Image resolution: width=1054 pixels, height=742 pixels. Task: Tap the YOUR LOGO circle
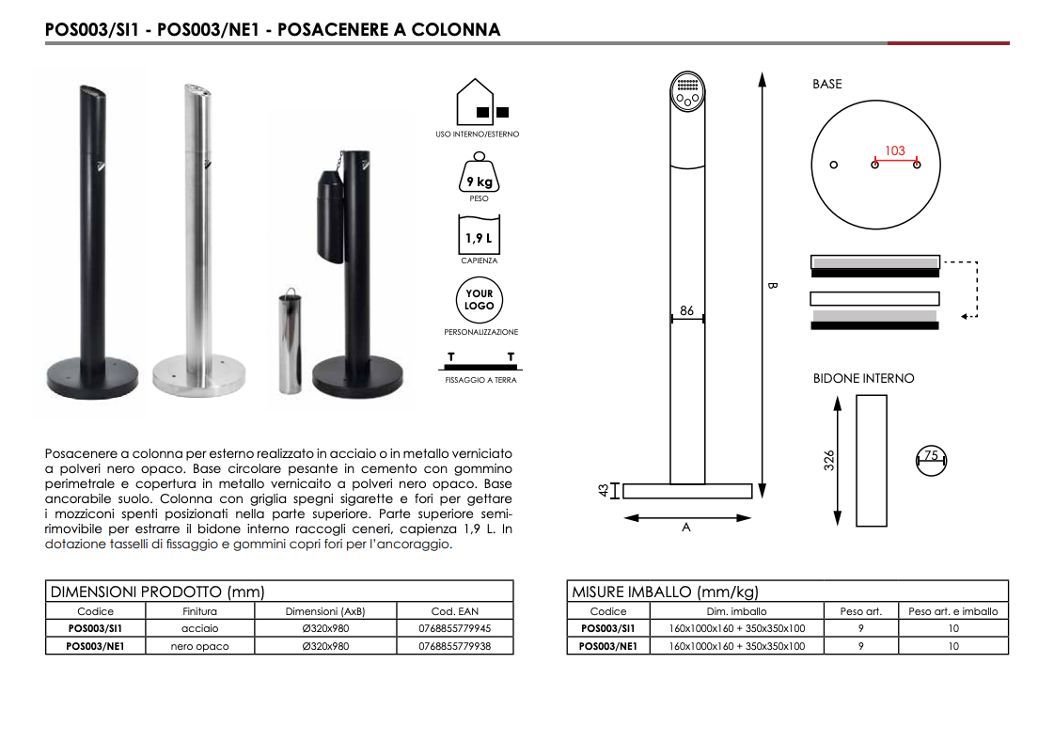479,300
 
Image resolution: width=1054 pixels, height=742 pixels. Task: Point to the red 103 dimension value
894,150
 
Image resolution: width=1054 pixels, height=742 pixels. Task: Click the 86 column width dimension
686,310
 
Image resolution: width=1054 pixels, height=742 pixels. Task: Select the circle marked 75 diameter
931,460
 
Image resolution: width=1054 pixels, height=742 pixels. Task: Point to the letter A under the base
685,529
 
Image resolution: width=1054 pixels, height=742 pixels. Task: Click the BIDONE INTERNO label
863,378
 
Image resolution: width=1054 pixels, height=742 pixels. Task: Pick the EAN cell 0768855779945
455,628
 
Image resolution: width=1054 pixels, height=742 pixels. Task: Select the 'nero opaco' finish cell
199,646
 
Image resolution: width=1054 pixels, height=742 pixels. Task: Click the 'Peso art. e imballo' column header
952,611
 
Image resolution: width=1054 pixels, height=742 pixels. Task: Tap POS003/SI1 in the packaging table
608,628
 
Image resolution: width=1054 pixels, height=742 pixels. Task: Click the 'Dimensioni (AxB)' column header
325,611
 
